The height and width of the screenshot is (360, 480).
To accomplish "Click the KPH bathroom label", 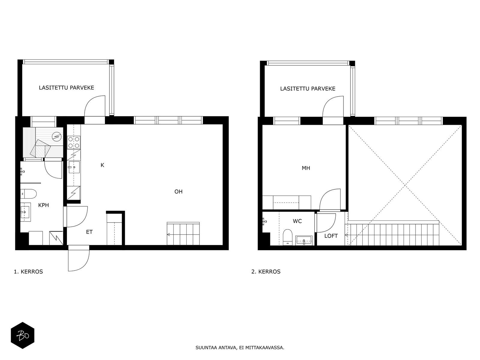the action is pyautogui.click(x=43, y=205).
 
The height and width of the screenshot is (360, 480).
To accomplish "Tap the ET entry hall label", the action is pyautogui.click(x=89, y=232).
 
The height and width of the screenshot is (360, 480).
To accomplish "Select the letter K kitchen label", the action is pyautogui.click(x=102, y=165).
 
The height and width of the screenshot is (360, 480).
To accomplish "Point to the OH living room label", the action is pyautogui.click(x=178, y=191).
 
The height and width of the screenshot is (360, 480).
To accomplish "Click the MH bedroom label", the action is pyautogui.click(x=306, y=168).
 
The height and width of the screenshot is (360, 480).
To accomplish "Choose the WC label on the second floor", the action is pyautogui.click(x=297, y=221).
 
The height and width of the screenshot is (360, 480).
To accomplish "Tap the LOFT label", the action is pyautogui.click(x=331, y=236).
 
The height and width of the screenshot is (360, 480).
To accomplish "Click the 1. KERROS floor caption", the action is pyautogui.click(x=28, y=272).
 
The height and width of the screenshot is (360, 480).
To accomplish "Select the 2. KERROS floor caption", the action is pyautogui.click(x=266, y=272).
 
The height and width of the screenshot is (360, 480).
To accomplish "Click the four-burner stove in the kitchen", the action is pyautogui.click(x=74, y=142).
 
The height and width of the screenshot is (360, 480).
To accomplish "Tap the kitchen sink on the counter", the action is pyautogui.click(x=74, y=167).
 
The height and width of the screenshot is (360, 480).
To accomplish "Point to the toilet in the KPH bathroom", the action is pyautogui.click(x=28, y=194).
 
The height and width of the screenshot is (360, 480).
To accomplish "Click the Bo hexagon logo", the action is pyautogui.click(x=22, y=335).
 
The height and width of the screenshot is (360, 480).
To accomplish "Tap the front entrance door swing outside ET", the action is pyautogui.click(x=79, y=258).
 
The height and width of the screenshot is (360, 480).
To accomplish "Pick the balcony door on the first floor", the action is pyautogui.click(x=95, y=106).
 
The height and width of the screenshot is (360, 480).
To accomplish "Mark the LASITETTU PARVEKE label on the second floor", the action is pyautogui.click(x=308, y=88).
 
